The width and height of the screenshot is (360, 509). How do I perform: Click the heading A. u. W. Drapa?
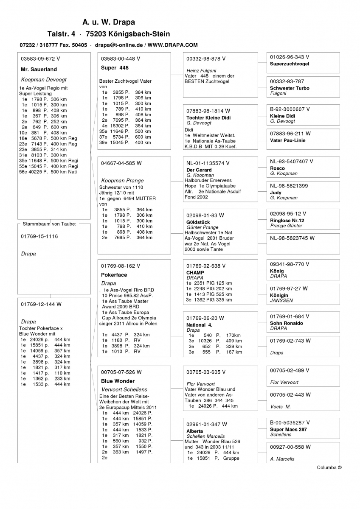(x=109, y=22)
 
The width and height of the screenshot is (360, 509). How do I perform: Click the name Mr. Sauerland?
(x=39, y=70)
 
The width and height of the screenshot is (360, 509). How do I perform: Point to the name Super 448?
(x=115, y=68)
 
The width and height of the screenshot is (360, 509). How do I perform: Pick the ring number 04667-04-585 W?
(x=121, y=163)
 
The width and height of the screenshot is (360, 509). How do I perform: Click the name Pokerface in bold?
(x=114, y=275)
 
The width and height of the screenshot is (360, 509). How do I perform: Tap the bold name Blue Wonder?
(x=118, y=381)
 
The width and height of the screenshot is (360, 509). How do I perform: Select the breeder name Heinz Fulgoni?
(x=201, y=70)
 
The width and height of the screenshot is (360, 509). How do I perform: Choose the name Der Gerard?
(x=199, y=170)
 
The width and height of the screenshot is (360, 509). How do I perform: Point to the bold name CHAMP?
(x=195, y=273)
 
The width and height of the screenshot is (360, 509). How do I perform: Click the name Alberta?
(x=194, y=431)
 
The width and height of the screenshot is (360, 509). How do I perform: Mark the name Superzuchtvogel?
(x=290, y=64)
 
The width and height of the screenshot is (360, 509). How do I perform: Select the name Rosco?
(x=277, y=168)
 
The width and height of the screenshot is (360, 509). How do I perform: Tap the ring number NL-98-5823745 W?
(x=292, y=238)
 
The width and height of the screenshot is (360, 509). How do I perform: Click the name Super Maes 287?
(x=288, y=429)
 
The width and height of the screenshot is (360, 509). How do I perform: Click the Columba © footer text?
(x=329, y=467)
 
